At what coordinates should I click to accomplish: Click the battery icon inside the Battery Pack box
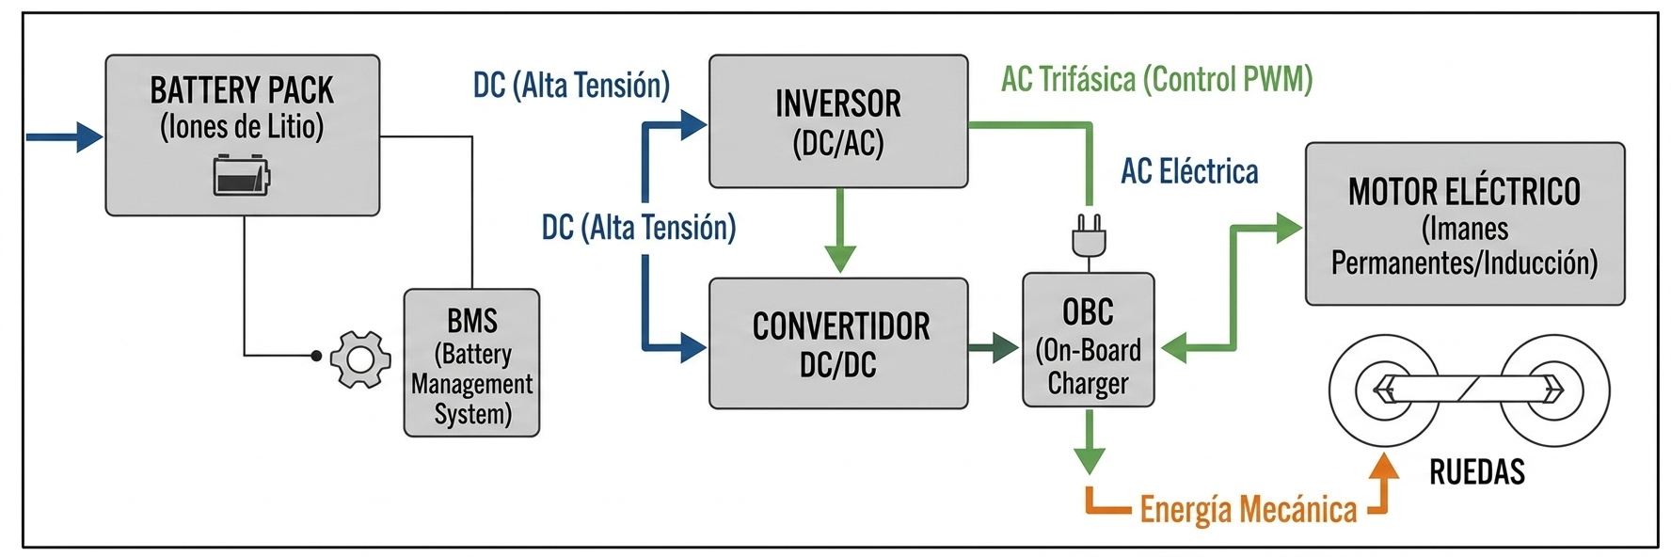[242, 175]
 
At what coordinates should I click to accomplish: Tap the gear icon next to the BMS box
[360, 358]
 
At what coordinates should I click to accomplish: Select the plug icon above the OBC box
[1089, 235]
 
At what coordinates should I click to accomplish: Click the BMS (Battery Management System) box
[471, 363]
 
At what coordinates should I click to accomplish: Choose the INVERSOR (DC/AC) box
[837, 121]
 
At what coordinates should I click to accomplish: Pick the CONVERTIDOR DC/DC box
[837, 343]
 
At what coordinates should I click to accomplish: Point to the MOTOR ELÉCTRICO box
[1464, 224]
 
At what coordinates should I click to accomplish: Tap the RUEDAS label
[1476, 471]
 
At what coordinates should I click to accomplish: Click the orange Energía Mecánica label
[1248, 509]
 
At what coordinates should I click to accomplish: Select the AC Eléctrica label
[1189, 171]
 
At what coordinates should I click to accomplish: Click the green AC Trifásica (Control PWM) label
[1156, 79]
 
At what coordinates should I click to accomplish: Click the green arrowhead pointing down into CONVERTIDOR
[839, 258]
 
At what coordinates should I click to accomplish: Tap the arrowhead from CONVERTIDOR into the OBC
[1005, 348]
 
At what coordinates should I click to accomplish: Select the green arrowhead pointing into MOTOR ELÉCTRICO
[1288, 228]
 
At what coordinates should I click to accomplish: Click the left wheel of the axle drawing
[1383, 390]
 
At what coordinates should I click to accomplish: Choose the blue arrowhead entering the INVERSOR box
[693, 124]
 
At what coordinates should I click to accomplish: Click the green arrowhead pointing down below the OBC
[1089, 461]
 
